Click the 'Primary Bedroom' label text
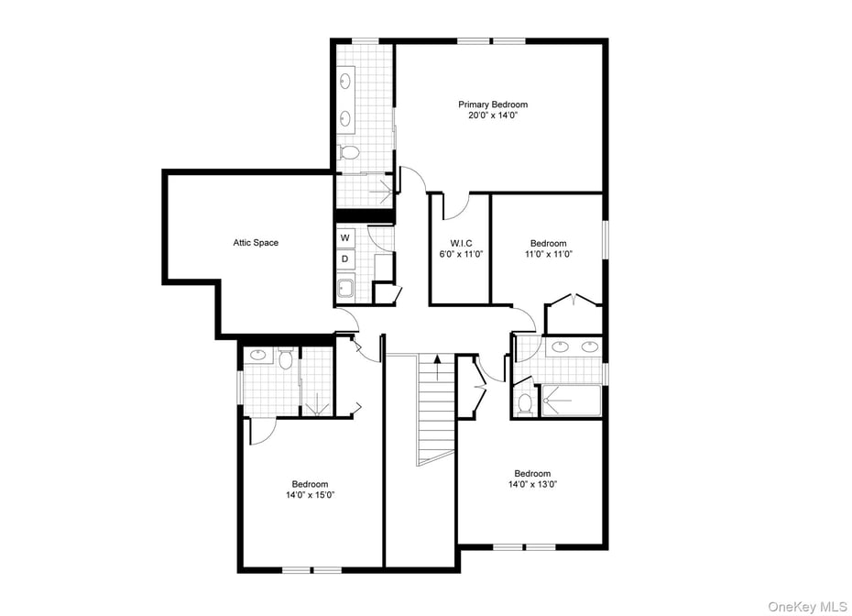coord(493,104)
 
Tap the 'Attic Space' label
coord(256,243)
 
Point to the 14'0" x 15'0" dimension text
coord(310,495)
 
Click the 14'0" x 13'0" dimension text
coord(532,484)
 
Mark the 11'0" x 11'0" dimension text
coord(548,254)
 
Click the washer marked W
coord(345,237)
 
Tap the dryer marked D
coord(345,259)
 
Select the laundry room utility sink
coord(345,290)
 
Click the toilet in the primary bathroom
coord(347,152)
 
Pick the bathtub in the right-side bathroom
coord(571,401)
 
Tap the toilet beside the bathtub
coord(525,402)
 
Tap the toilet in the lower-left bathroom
coord(285,359)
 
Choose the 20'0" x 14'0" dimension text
coord(493,115)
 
